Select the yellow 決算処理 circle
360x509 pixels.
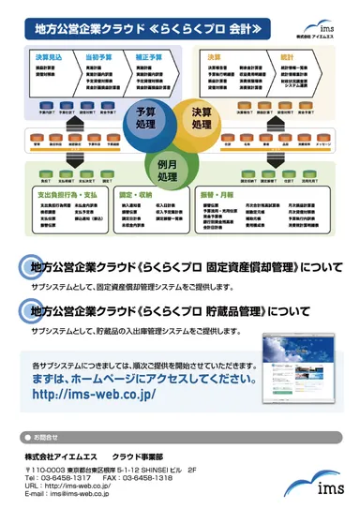pos(202,120)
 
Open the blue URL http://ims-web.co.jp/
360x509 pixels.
pos(96,395)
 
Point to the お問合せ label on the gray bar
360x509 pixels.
pos(45,437)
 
